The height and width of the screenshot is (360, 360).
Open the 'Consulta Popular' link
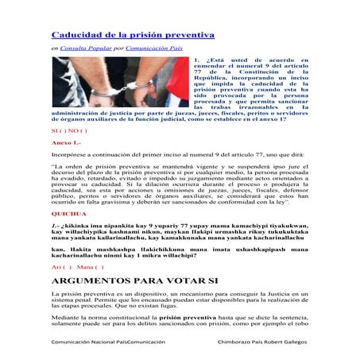point(84,49)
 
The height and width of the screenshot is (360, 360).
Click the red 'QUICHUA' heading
point(69,215)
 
